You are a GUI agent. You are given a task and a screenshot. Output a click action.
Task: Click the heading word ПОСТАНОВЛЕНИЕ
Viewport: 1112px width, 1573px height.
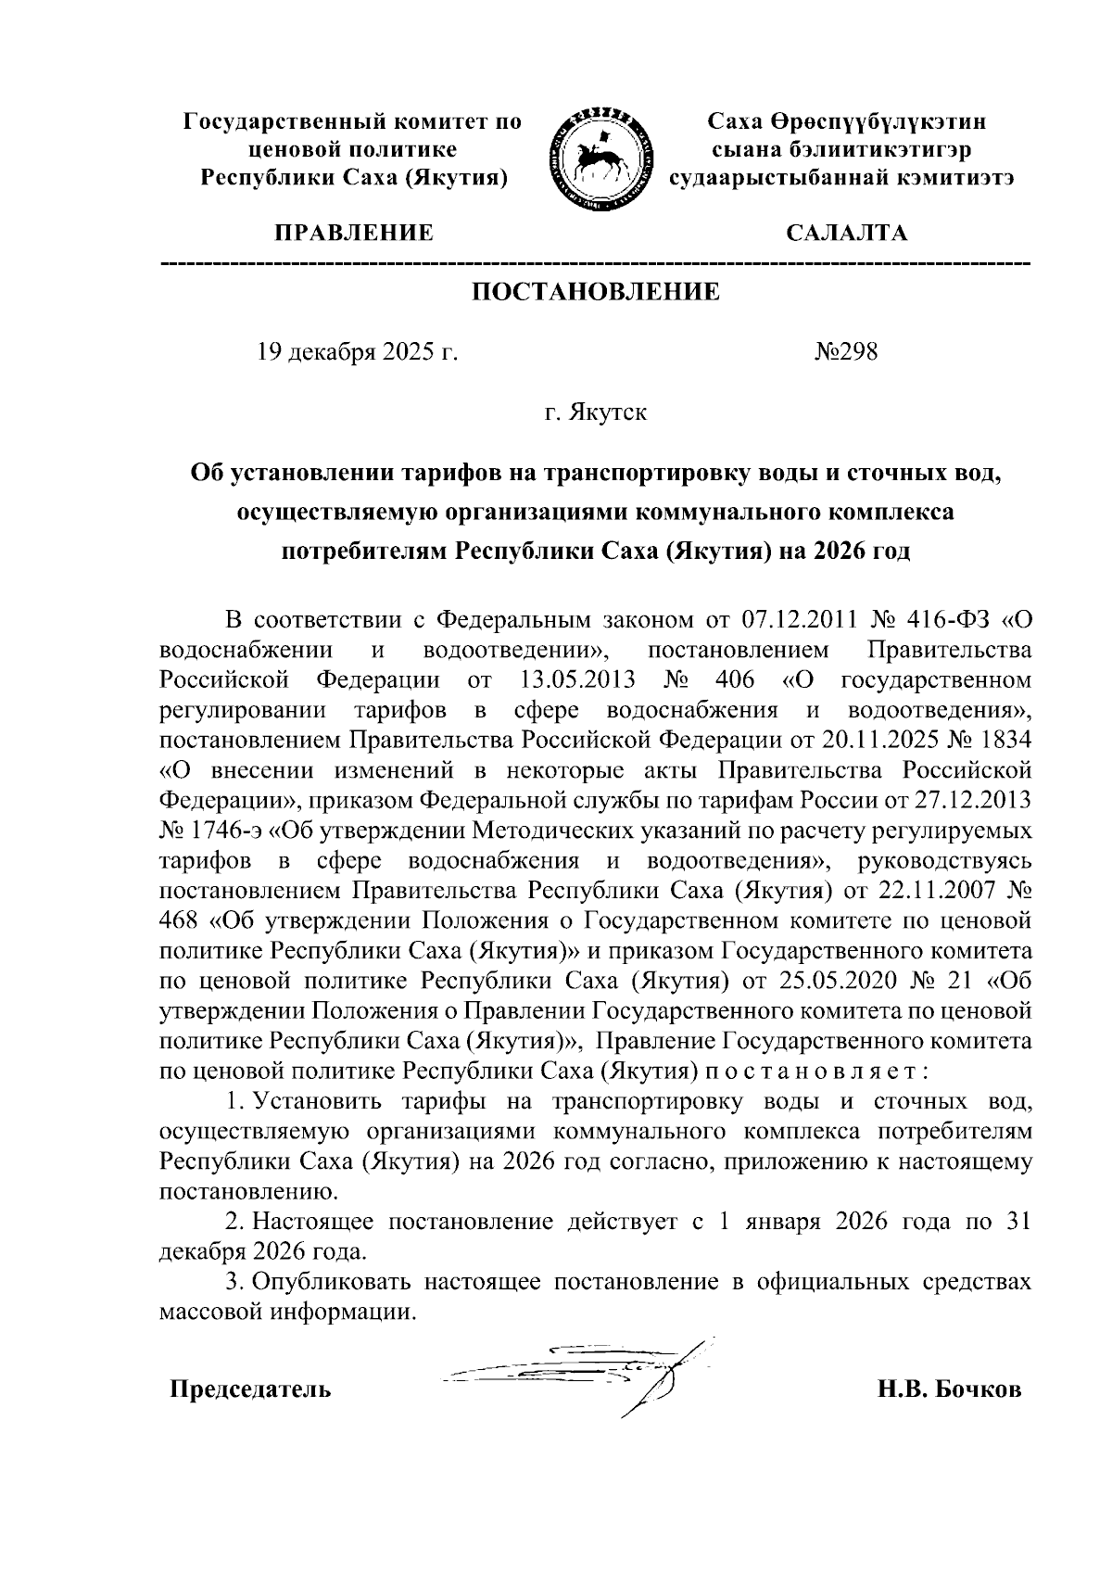pos(596,293)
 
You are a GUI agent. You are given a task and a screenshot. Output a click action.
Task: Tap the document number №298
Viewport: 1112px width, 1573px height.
pos(845,353)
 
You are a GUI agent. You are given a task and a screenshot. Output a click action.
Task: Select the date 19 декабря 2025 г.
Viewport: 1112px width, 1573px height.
pos(358,353)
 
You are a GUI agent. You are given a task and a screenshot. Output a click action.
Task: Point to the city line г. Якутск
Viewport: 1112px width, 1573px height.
pos(596,412)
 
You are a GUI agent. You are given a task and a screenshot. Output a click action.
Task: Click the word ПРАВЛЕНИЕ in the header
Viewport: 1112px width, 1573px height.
pos(352,234)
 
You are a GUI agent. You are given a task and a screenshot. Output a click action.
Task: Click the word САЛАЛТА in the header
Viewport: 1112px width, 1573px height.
pos(846,234)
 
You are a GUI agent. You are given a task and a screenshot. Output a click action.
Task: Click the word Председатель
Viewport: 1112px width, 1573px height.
pos(249,1390)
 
